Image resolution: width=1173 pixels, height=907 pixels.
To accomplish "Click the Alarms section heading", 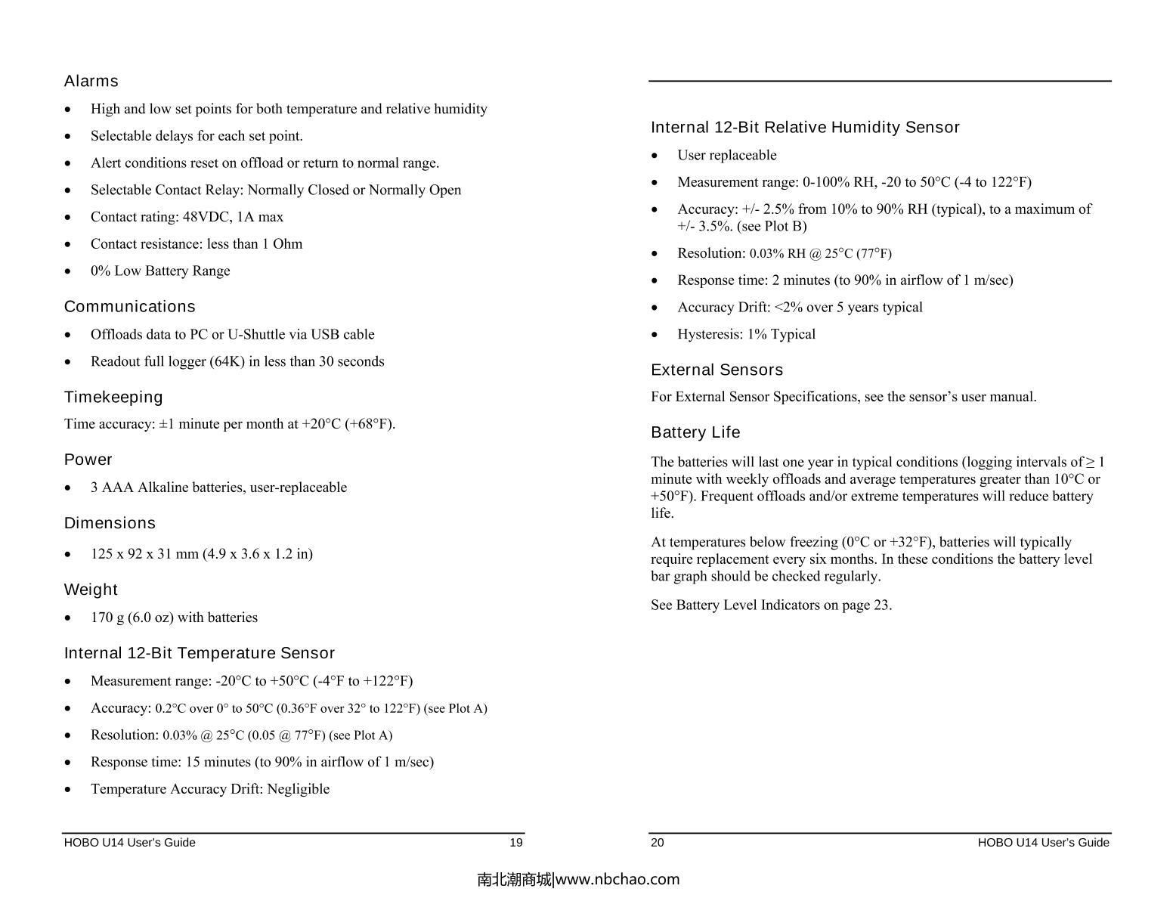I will click(x=91, y=81).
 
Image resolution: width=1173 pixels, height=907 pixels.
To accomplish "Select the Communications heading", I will click(x=129, y=307).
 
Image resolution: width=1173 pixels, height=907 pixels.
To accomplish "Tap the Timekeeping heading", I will click(x=113, y=398).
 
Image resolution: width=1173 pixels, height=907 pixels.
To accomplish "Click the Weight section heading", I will click(x=91, y=590).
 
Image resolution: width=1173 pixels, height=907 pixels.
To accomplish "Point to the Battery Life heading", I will click(x=695, y=432).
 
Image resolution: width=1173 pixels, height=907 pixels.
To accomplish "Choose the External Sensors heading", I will click(x=716, y=370).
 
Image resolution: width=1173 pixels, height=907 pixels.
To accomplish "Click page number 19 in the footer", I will click(x=515, y=843).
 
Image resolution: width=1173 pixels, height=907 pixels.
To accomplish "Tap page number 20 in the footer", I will click(x=658, y=843).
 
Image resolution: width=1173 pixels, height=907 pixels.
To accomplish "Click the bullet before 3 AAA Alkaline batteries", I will click(x=69, y=488).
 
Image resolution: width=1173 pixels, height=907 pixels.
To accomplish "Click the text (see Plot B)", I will click(x=772, y=226).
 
